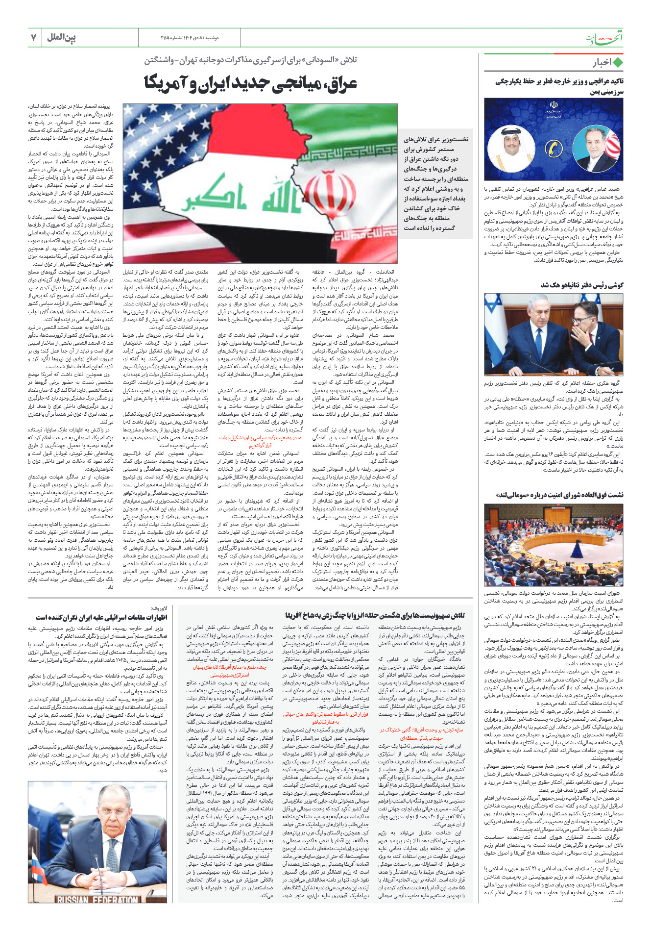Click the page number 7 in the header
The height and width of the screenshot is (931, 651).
tap(33, 38)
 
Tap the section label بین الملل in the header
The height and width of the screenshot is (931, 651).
tap(62, 38)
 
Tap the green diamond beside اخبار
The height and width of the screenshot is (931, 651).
tap(618, 63)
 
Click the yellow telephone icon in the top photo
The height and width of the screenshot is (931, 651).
tap(554, 149)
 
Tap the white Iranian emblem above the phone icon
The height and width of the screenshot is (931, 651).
tap(554, 106)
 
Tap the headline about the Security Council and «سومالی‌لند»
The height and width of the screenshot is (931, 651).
tap(559, 495)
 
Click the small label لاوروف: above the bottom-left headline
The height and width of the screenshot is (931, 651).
tap(159, 608)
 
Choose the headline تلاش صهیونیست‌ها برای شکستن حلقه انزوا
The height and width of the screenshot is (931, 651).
tap(375, 615)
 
